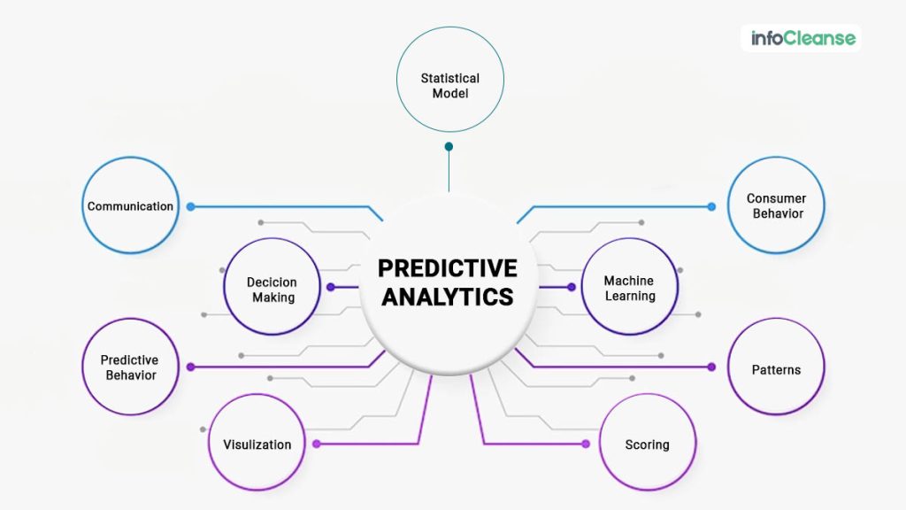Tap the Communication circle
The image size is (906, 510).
(x=130, y=206)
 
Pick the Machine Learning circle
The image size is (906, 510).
(x=629, y=288)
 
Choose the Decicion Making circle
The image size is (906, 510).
(x=272, y=288)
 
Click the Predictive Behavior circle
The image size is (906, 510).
(x=129, y=367)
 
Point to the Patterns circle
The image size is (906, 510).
(x=776, y=369)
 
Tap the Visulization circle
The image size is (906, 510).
(x=257, y=444)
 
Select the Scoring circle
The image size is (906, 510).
(x=647, y=444)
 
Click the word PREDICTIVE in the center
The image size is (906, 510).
(x=448, y=268)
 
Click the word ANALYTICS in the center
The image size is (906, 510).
(x=448, y=297)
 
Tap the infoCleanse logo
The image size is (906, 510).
(x=802, y=38)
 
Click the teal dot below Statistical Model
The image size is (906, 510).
(x=449, y=146)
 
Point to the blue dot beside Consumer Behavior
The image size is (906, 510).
(x=711, y=206)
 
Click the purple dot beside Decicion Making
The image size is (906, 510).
(x=330, y=287)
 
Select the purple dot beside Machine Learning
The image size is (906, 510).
(x=572, y=287)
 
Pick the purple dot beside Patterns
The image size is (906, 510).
(x=711, y=367)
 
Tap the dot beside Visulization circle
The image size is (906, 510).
(x=317, y=444)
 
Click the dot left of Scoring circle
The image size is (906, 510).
(x=585, y=444)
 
